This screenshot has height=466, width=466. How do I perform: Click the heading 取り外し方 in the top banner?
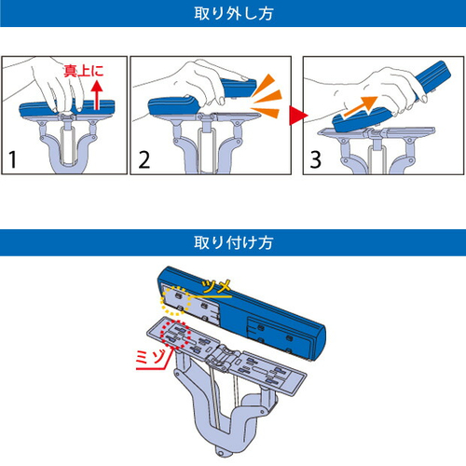point(233,15)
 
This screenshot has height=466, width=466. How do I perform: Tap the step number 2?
point(144,158)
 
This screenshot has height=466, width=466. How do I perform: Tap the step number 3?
point(316,158)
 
